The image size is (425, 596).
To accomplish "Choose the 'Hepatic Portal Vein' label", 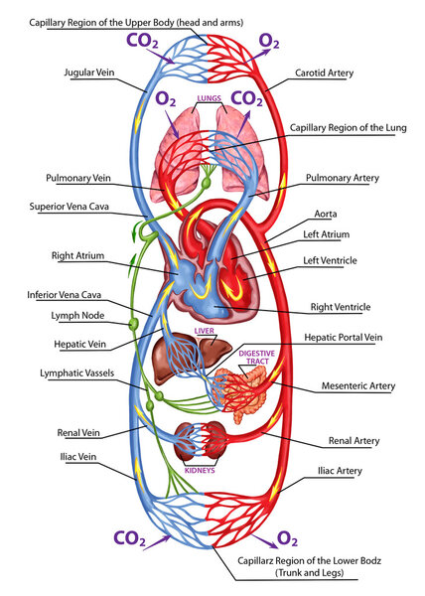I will click(342, 339).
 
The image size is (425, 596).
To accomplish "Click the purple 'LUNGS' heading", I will click(209, 99).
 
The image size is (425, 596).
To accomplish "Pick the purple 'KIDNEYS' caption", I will click(200, 471).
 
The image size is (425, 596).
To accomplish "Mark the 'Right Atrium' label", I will click(78, 255).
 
